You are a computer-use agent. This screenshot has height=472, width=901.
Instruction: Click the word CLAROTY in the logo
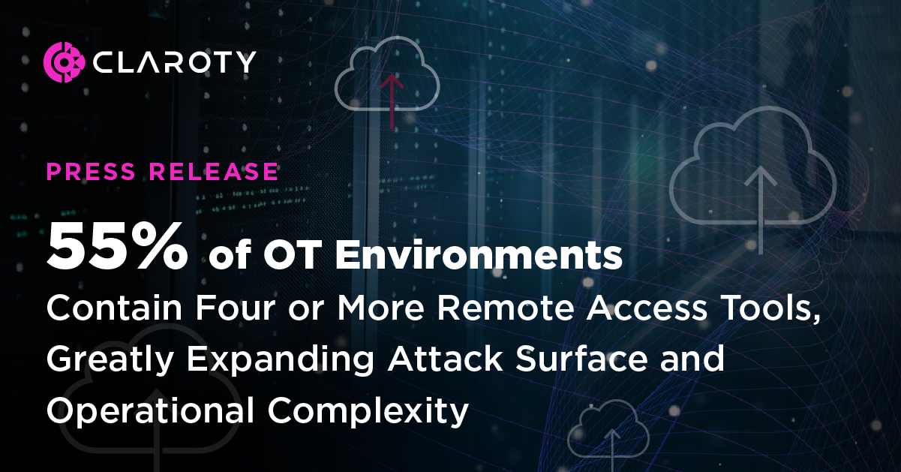175,62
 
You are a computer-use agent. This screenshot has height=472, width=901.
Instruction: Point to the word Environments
479,256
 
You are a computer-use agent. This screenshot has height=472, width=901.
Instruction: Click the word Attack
434,360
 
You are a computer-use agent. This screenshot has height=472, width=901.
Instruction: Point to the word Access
614,311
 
